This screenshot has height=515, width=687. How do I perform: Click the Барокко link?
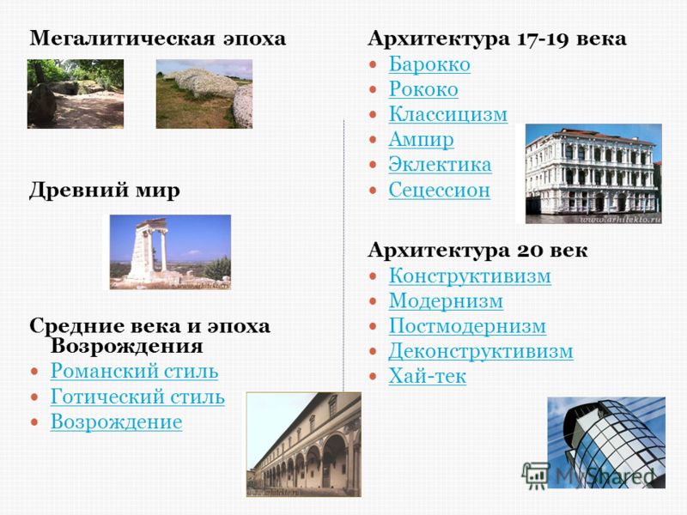[x=429, y=64]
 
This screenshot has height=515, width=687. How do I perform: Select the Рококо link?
[x=423, y=89]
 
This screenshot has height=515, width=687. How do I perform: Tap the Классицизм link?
[x=447, y=114]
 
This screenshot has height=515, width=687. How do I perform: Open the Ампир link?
[x=421, y=140]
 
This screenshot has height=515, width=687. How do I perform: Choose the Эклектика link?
[x=440, y=165]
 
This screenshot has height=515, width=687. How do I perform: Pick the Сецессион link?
[x=439, y=191]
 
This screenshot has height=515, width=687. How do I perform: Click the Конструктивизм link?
[x=470, y=276]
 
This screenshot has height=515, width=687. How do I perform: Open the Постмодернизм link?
[x=467, y=326]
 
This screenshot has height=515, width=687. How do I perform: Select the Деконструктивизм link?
[x=481, y=351]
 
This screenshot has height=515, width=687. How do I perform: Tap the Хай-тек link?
[x=427, y=376]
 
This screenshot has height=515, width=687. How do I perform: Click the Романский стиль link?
[x=134, y=372]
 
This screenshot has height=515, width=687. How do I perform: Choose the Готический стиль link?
[x=137, y=397]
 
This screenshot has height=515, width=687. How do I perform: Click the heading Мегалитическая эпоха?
[x=158, y=39]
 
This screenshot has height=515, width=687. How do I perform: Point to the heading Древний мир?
[x=104, y=191]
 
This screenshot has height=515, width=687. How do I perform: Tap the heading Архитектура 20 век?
[x=477, y=251]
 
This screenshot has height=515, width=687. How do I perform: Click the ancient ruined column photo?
[x=170, y=251]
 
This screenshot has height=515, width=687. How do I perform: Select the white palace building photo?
[x=593, y=174]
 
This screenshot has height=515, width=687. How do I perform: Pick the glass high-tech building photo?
[x=606, y=443]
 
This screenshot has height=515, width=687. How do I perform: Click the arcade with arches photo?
[x=304, y=445]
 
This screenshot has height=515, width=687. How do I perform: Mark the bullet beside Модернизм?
[x=373, y=302]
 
